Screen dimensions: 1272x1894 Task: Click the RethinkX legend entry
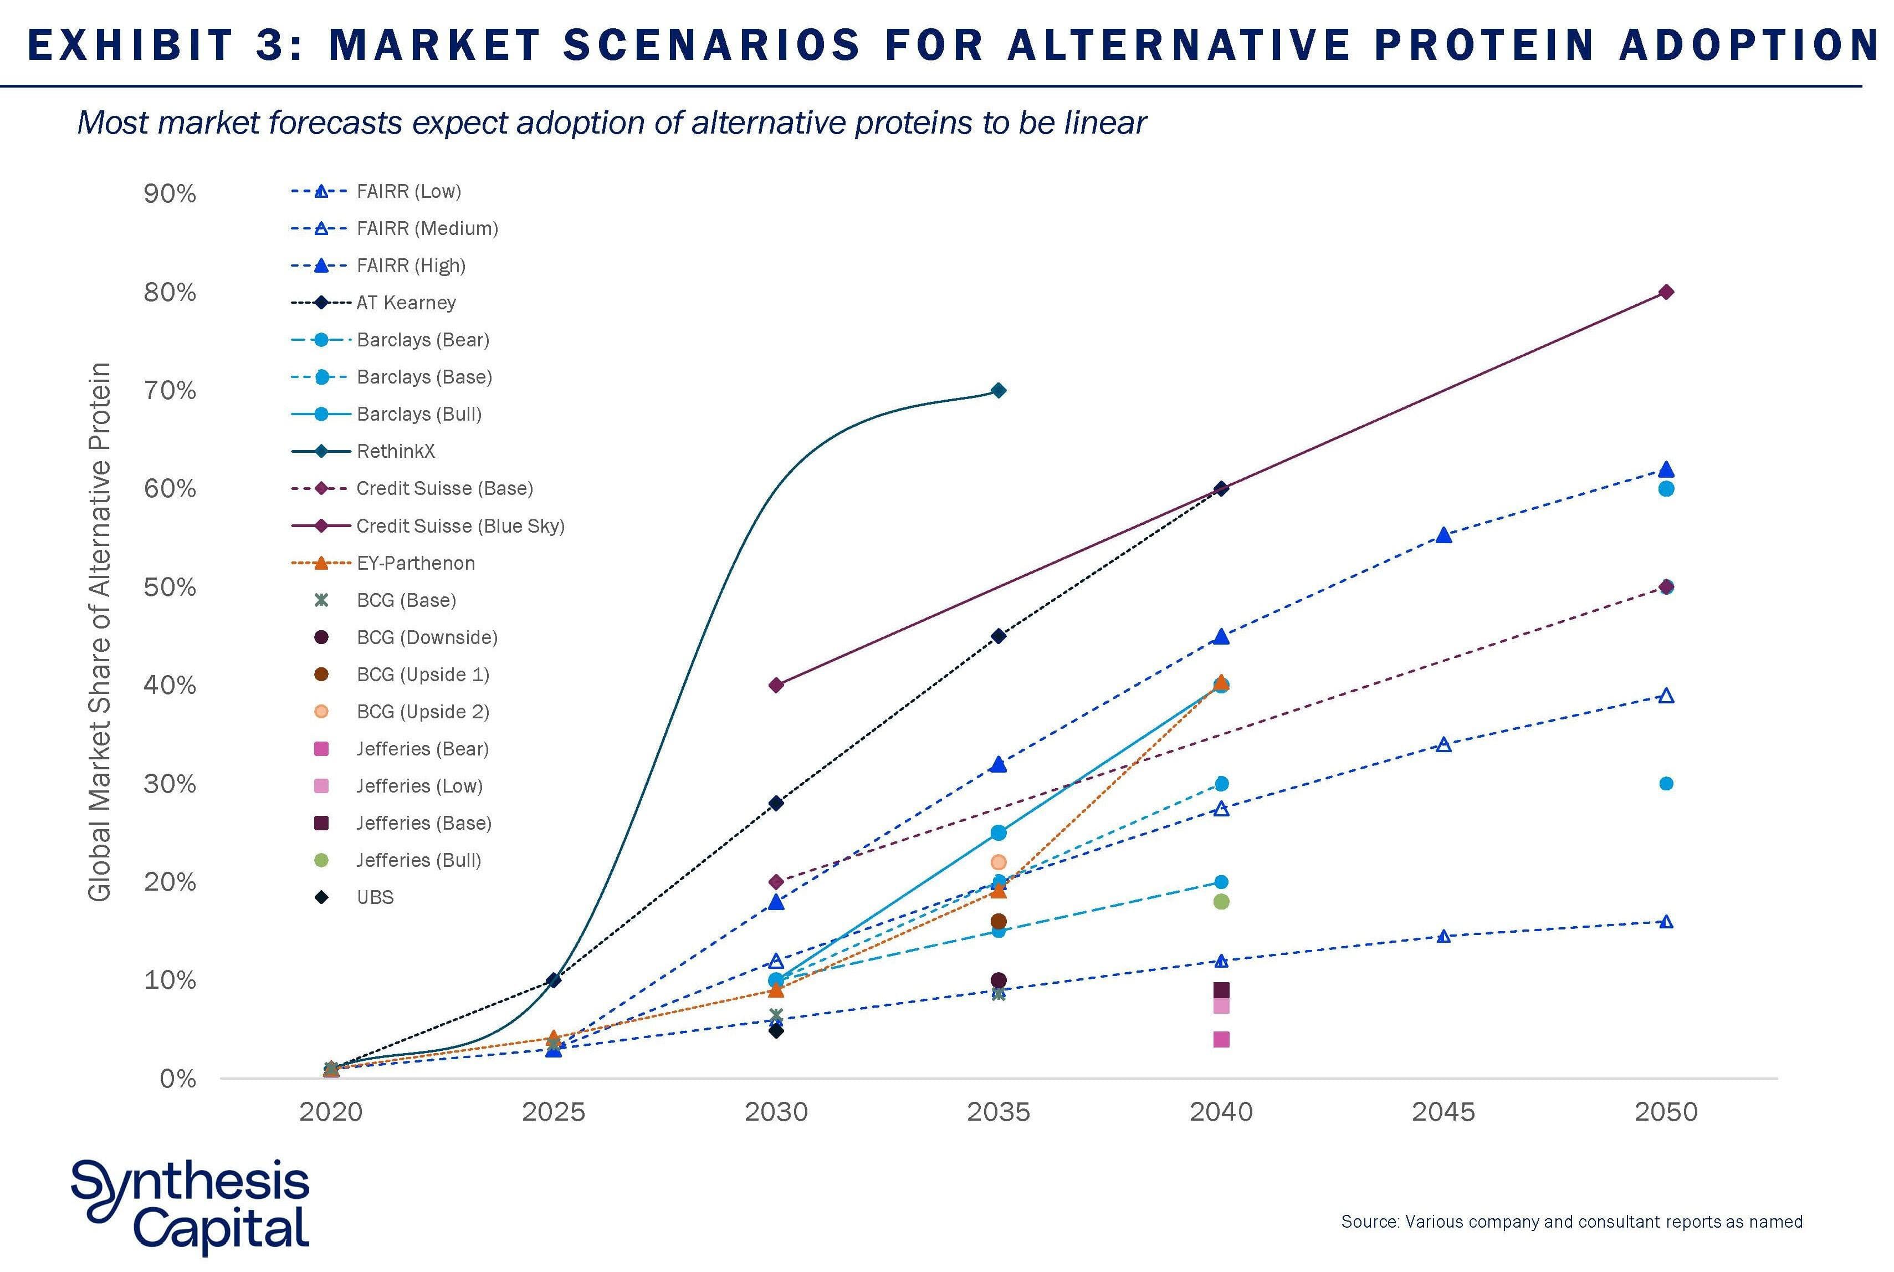click(x=396, y=451)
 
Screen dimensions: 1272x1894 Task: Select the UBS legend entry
click(x=375, y=897)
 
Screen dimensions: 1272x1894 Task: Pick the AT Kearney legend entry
click(x=406, y=303)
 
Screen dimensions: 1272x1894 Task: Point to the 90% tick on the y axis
click(x=170, y=194)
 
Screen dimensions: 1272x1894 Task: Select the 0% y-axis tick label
click(x=177, y=1079)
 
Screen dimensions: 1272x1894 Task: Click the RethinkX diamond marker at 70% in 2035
click(x=999, y=391)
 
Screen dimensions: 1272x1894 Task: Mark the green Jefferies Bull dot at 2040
click(x=1221, y=901)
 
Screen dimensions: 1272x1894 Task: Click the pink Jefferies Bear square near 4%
click(x=1221, y=1039)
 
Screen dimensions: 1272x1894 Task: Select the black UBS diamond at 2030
click(x=776, y=1030)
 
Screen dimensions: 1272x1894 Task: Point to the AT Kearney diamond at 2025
click(x=554, y=980)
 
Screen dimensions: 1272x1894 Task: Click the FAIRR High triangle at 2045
click(x=1443, y=535)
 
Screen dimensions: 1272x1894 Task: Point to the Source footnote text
click(x=1571, y=1222)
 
